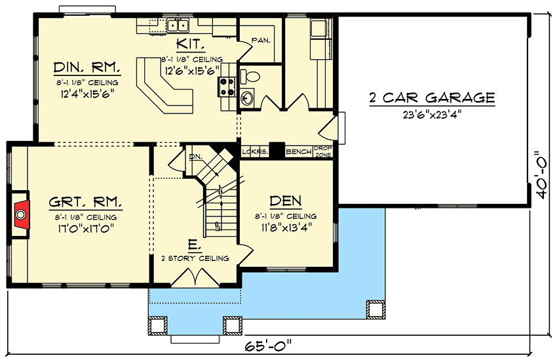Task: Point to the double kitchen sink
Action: point(178,25)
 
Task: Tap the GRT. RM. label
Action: point(85,202)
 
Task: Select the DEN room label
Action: point(286,201)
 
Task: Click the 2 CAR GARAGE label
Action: point(432,97)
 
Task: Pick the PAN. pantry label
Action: point(261,41)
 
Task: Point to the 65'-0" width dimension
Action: point(268,346)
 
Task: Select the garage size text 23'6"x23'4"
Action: point(432,115)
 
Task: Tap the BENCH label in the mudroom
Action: point(299,151)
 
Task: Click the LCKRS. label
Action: point(255,151)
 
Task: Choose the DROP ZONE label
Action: point(323,151)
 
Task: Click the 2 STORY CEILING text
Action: point(195,258)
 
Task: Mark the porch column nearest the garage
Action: point(376,308)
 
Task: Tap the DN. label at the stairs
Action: point(195,157)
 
